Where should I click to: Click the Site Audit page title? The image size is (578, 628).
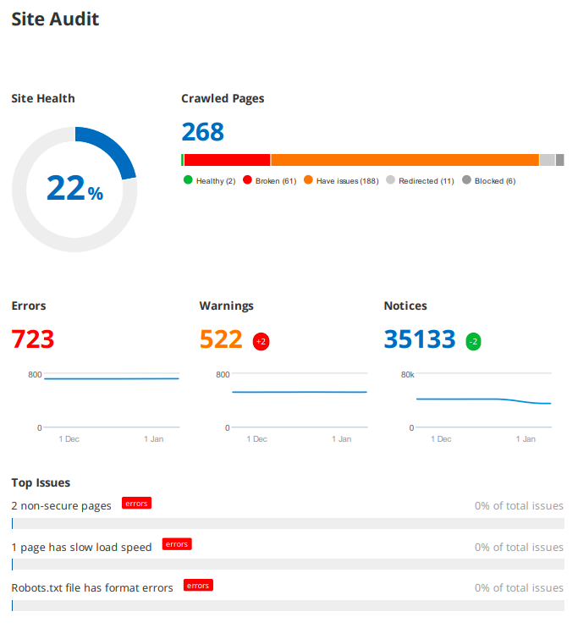click(x=55, y=19)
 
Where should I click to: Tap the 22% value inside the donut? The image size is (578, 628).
click(x=74, y=189)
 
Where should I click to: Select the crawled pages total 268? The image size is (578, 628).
click(x=203, y=132)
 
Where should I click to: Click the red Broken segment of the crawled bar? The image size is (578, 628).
click(x=227, y=160)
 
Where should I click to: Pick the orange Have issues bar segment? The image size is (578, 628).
click(x=405, y=160)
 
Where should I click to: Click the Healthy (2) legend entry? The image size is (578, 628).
click(x=210, y=181)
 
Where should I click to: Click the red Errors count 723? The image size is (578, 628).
click(x=33, y=339)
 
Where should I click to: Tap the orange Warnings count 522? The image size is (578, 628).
click(x=221, y=339)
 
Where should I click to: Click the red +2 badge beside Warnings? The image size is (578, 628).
click(x=261, y=342)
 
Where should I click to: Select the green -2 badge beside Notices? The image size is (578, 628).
click(x=473, y=342)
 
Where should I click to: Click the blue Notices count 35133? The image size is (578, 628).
click(x=420, y=339)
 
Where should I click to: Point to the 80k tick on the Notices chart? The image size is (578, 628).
click(x=406, y=374)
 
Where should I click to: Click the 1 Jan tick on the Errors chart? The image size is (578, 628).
click(x=154, y=439)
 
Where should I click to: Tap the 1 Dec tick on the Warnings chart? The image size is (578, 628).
click(x=256, y=439)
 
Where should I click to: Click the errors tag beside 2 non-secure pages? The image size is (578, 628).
click(x=136, y=504)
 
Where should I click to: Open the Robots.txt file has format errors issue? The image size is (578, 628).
click(x=92, y=587)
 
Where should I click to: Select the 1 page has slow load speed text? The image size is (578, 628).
click(x=81, y=547)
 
